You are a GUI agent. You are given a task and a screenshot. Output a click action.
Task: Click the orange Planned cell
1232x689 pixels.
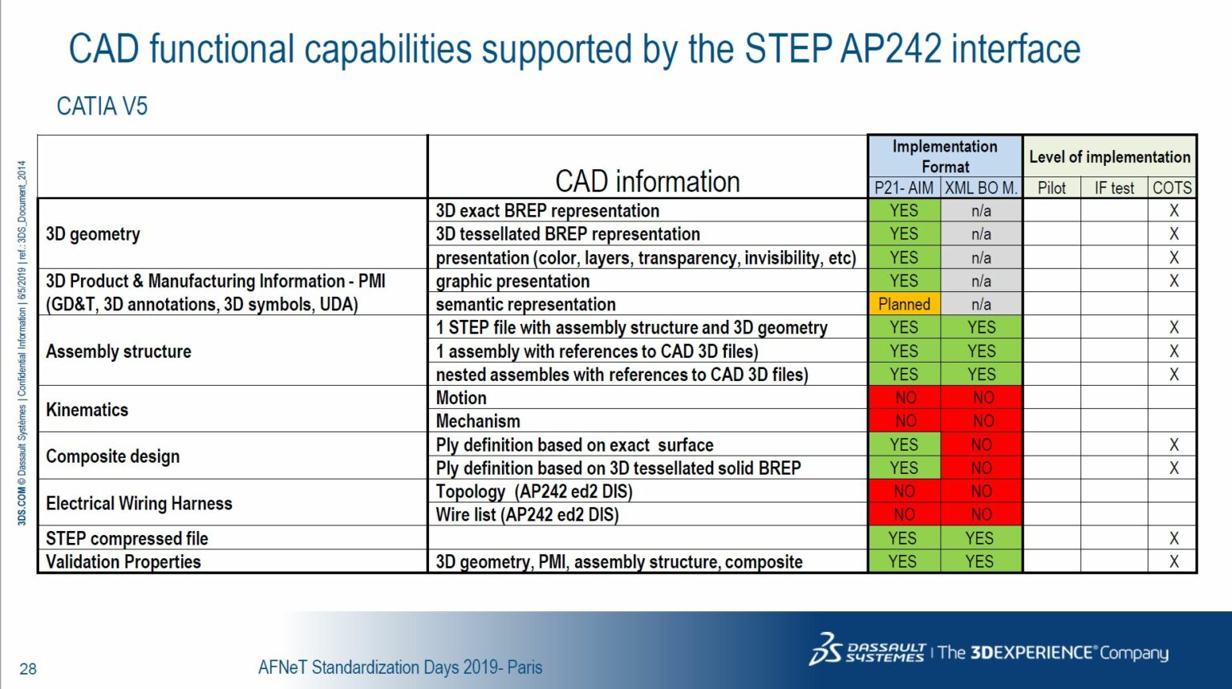point(904,304)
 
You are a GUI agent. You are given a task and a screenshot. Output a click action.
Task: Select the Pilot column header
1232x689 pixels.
point(1052,188)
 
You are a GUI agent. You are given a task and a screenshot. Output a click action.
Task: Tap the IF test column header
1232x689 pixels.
point(1114,188)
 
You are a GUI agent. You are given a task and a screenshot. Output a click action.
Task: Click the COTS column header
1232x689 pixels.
point(1172,188)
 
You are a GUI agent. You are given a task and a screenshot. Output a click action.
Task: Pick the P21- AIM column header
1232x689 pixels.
point(904,188)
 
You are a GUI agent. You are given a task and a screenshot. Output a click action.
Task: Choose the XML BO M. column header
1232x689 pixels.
point(981,188)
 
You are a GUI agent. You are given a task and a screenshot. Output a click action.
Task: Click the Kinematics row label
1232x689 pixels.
point(87,410)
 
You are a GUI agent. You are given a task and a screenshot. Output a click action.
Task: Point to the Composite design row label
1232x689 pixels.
point(113,456)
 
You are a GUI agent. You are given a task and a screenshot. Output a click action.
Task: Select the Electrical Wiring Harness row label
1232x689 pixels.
point(139,504)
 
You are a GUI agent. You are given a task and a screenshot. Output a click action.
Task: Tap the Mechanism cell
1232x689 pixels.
point(478,421)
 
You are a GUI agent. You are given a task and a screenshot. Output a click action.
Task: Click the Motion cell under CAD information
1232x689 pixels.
point(461,398)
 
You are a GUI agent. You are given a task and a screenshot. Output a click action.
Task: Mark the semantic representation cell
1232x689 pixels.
point(525,304)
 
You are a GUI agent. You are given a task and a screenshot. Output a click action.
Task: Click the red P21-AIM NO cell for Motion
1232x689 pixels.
point(905,398)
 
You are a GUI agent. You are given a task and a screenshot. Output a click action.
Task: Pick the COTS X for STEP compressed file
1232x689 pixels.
point(1173,538)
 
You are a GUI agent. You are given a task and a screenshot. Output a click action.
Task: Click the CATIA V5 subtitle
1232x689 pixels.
point(102,107)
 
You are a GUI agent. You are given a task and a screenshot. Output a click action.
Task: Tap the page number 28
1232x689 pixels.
point(28,669)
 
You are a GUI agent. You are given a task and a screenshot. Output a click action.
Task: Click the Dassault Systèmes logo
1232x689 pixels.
point(867,650)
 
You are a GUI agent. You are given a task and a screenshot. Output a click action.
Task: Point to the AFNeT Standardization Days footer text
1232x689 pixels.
point(400,667)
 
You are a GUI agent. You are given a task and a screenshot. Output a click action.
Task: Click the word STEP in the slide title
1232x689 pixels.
point(788,49)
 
